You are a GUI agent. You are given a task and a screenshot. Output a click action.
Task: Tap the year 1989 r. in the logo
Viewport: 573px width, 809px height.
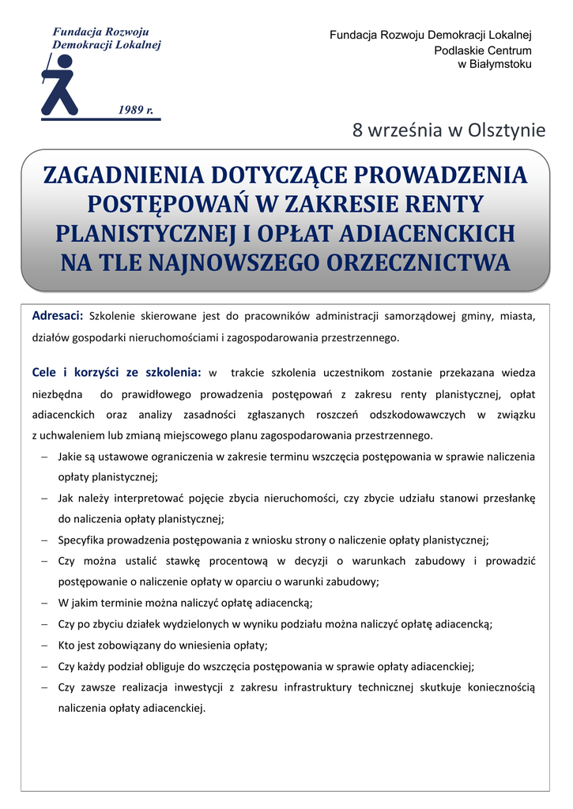[136, 109]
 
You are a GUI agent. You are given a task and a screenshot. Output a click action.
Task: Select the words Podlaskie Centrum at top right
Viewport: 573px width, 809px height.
[483, 51]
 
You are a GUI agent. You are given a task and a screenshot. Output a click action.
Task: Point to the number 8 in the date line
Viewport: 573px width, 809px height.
[357, 130]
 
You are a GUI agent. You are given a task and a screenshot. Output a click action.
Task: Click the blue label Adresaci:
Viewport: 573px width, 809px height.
[58, 317]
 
